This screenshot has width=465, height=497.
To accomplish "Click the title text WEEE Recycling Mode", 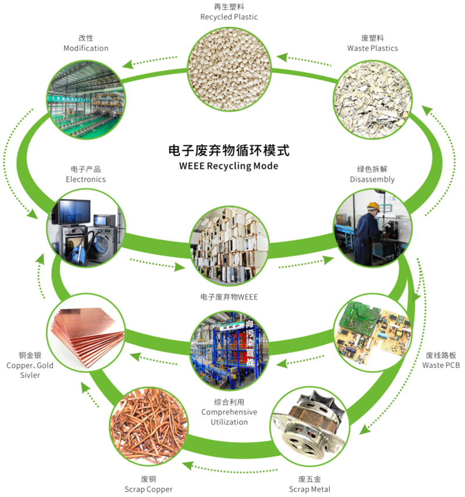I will point(229,166).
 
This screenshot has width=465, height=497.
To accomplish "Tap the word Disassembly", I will point(372,179).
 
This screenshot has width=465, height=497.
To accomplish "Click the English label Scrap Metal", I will point(310,489).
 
